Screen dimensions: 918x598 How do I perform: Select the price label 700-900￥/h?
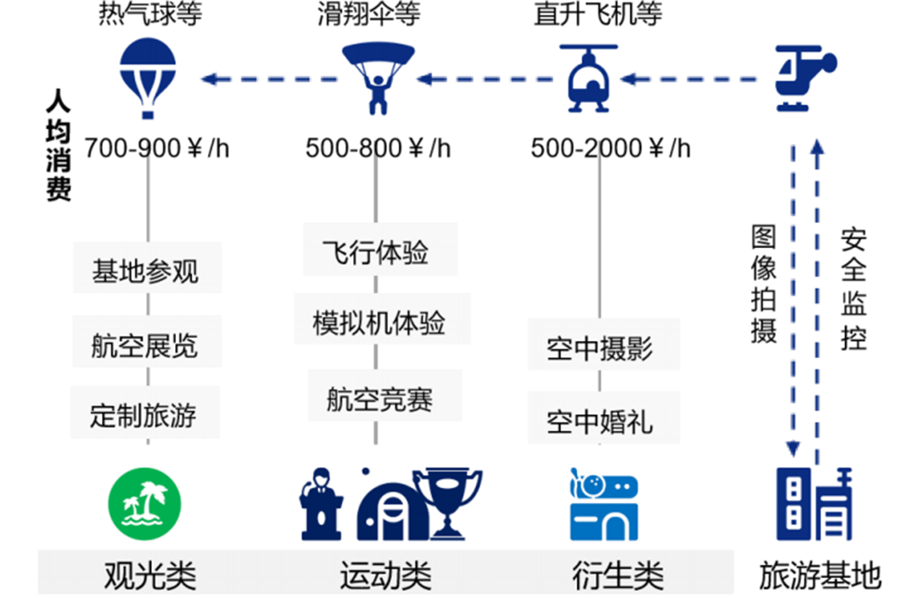(x=156, y=148)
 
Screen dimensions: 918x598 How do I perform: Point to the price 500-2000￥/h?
(x=611, y=148)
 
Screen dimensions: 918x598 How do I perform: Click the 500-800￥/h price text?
(x=378, y=148)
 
